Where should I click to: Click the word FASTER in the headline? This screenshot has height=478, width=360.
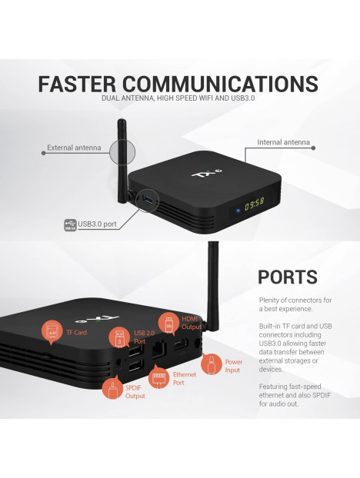77,84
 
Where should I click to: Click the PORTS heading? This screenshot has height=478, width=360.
288,277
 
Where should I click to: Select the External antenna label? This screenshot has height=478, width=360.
74,148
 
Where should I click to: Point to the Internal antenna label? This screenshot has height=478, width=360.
283,142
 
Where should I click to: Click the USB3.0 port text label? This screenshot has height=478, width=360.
97,224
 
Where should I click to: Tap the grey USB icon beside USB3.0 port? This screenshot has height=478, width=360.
70,225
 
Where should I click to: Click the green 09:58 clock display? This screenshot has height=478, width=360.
254,204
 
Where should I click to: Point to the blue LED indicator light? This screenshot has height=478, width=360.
238,211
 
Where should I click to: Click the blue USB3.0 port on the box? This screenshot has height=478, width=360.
148,199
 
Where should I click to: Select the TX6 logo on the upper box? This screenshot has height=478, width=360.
207,173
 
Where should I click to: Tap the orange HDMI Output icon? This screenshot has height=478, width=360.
168,324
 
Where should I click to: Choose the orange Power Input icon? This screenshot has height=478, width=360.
212,364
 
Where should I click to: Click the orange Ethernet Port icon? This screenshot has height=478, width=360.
158,377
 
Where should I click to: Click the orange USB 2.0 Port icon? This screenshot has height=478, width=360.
119,338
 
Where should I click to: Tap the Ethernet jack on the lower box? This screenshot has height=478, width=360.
159,349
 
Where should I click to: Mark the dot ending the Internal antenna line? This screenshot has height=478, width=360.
313,148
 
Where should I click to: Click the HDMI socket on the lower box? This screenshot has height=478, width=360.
181,344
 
